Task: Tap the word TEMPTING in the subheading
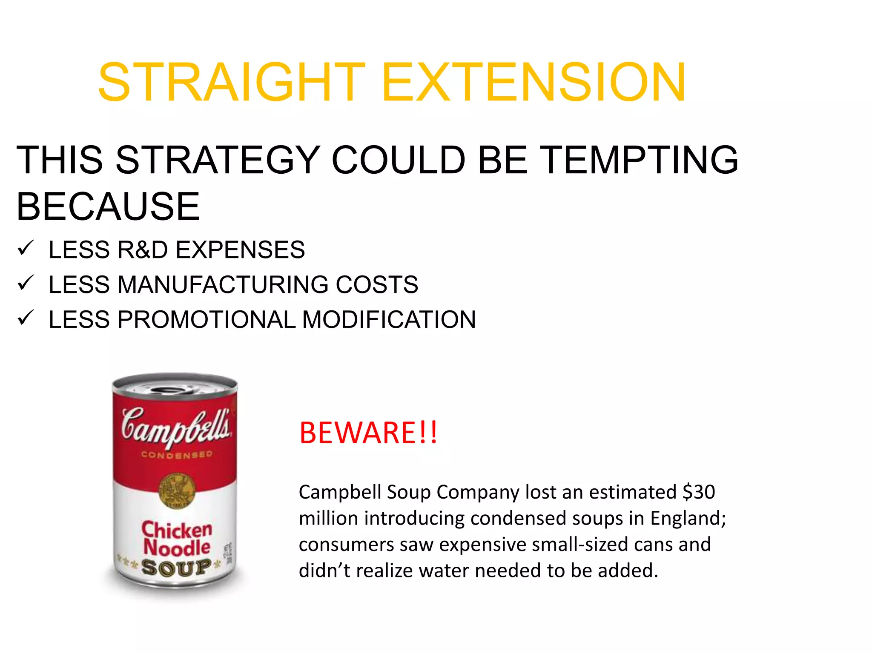(x=641, y=160)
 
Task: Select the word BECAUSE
(x=108, y=207)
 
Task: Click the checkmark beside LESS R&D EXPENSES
(x=26, y=248)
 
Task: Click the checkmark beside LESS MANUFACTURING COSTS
(x=26, y=283)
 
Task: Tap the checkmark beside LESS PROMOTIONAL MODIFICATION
(x=26, y=318)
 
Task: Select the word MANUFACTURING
(x=223, y=285)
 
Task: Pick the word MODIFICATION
(x=389, y=320)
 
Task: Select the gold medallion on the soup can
(x=177, y=490)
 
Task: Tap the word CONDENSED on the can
(x=177, y=455)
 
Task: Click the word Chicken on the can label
(x=177, y=529)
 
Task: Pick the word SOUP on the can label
(x=176, y=568)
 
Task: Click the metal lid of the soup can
(x=175, y=385)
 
